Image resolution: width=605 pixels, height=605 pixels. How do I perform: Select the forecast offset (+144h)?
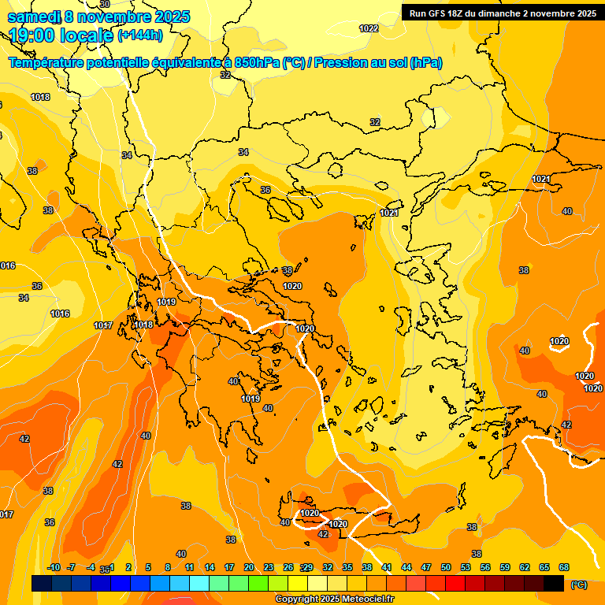(140, 35)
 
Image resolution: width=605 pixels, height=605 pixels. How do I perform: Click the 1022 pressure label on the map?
(369, 28)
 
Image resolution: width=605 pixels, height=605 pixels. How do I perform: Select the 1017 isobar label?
(102, 325)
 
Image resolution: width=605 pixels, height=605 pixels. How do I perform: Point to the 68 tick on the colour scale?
(564, 567)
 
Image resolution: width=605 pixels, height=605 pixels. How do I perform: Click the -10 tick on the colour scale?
(54, 567)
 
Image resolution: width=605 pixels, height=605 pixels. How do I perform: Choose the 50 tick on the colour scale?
(446, 567)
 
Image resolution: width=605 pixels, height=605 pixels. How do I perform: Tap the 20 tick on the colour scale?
(249, 567)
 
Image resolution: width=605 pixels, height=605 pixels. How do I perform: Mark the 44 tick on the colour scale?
(406, 567)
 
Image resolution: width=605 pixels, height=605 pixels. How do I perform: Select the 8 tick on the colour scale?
(168, 567)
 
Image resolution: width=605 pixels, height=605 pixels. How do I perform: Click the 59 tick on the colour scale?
(505, 567)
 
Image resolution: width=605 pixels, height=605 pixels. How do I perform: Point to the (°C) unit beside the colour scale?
(579, 584)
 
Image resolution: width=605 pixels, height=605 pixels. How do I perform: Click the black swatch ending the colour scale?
(554, 584)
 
